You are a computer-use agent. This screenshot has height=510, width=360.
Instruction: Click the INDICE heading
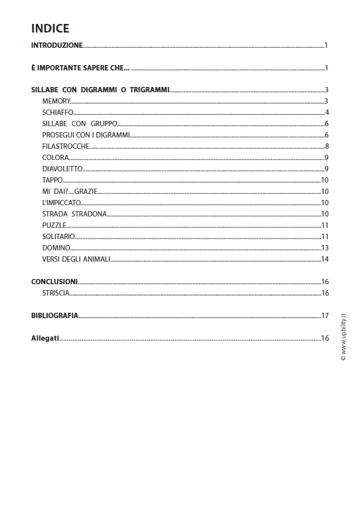pyautogui.click(x=50, y=29)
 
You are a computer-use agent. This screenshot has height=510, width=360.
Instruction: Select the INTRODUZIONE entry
pyautogui.click(x=57, y=46)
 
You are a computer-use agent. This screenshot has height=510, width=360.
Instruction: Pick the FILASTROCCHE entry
pyautogui.click(x=65, y=146)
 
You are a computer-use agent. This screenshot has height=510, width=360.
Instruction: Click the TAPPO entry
pyautogui.click(x=53, y=180)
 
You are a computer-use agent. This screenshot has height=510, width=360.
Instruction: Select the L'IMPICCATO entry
pyautogui.click(x=62, y=203)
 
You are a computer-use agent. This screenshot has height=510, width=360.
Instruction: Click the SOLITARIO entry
pyautogui.click(x=58, y=236)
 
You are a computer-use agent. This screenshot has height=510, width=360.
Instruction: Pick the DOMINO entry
pyautogui.click(x=56, y=248)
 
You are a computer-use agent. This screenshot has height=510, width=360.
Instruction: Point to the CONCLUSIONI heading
pyautogui.click(x=54, y=282)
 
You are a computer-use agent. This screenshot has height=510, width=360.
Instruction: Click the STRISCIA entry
pyautogui.click(x=56, y=293)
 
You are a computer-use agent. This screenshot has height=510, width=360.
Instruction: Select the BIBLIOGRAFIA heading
pyautogui.click(x=55, y=315)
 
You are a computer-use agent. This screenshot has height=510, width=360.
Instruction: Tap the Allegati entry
pyautogui.click(x=45, y=338)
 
